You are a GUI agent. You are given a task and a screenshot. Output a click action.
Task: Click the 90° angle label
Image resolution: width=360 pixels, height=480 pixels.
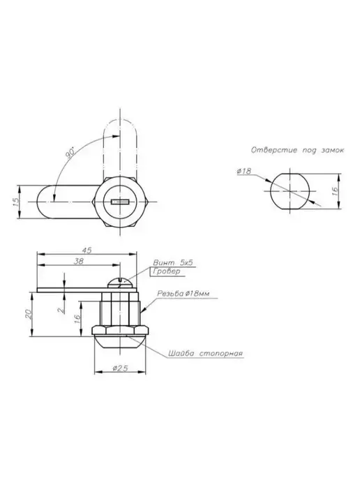click(70, 153)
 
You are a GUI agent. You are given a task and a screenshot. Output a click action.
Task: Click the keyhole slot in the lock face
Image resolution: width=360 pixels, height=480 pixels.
click(121, 202)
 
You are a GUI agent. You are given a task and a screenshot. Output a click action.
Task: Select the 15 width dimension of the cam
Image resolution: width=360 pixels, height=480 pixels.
click(16, 202)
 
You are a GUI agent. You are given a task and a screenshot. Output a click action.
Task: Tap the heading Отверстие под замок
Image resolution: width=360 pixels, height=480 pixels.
click(297, 150)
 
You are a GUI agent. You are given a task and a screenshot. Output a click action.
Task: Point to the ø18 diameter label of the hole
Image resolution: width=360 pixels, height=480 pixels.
click(244, 171)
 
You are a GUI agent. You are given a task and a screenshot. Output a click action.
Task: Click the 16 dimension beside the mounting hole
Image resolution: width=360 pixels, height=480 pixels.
click(335, 191)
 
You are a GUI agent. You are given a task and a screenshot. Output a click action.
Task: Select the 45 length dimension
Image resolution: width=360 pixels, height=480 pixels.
click(87, 250)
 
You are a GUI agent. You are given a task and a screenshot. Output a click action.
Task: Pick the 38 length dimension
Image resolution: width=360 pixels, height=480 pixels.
click(79, 261)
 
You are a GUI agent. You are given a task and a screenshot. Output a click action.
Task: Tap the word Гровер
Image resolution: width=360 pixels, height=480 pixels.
click(167, 271)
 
